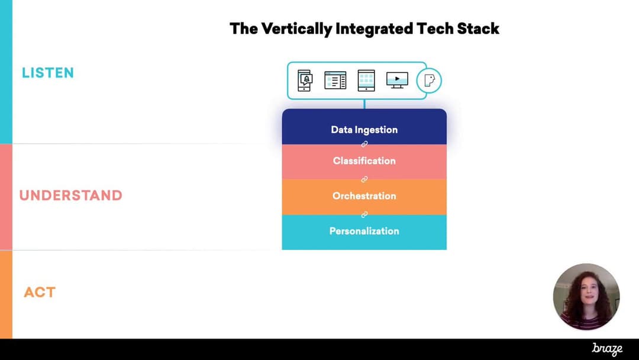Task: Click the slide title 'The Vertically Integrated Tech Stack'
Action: tap(364, 29)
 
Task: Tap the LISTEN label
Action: tap(48, 73)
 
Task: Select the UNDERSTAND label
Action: tap(71, 195)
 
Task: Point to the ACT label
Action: tap(40, 292)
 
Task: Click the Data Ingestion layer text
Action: tap(364, 130)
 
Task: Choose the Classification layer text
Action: tap(364, 160)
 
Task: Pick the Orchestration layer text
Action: tap(364, 196)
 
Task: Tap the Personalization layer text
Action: tap(364, 231)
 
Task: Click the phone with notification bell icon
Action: tap(305, 81)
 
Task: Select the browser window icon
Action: tap(335, 80)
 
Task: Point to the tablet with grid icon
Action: tap(366, 81)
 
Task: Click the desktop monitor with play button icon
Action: tap(398, 80)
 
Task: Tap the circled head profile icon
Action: tap(429, 81)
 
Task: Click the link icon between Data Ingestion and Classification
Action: tap(364, 144)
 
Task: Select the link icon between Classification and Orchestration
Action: tap(364, 179)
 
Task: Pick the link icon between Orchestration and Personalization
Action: tap(364, 214)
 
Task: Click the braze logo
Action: tap(607, 349)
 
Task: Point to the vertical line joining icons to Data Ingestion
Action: tap(364, 104)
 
